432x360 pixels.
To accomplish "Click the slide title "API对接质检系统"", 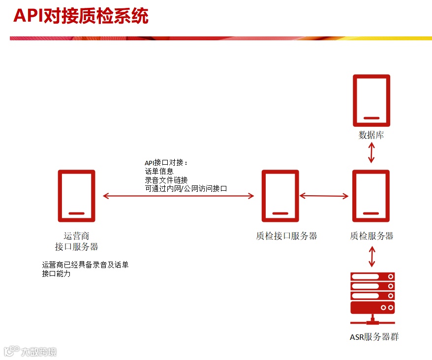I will (81, 16).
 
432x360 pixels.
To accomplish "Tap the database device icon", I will (371, 100).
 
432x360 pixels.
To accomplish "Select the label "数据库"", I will (371, 135).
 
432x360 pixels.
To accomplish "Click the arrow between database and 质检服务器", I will (371, 153).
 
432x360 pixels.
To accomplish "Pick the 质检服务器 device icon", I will (371, 196).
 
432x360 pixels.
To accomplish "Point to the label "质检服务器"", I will (371, 236).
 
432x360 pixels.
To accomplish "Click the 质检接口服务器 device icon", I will (280, 196).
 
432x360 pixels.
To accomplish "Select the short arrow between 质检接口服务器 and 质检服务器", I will (324, 196).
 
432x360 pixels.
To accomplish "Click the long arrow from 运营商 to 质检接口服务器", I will (178, 196).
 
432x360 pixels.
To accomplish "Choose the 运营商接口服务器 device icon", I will (76, 196).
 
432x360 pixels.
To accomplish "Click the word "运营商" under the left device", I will (76, 236).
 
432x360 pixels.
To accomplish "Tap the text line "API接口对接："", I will (166, 163).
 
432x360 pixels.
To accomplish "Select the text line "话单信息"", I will (159, 172).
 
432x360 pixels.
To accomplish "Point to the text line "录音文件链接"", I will (166, 180).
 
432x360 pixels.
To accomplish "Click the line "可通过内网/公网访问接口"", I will (185, 188).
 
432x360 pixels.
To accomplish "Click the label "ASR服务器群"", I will (374, 337).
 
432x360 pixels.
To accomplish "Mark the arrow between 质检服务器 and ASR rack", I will (372, 257).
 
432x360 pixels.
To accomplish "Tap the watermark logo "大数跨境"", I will (31, 351).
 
